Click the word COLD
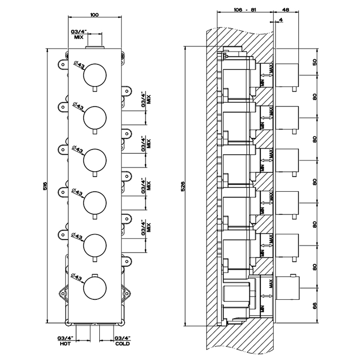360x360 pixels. [x=122, y=343]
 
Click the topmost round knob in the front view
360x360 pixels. [x=95, y=75]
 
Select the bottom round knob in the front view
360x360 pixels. [x=95, y=286]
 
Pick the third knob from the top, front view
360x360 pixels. [x=95, y=159]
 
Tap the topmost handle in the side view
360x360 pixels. [x=289, y=75]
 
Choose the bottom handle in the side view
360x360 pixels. [x=289, y=286]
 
